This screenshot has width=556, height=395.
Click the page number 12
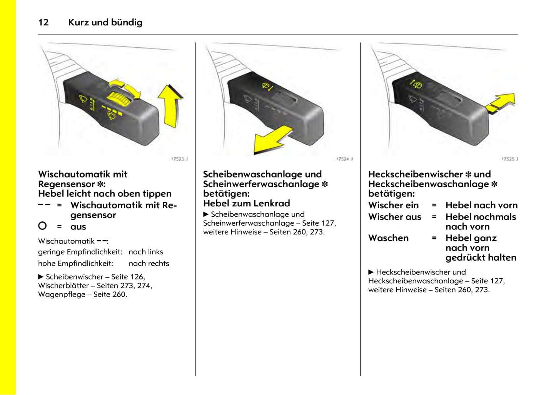tap(43, 22)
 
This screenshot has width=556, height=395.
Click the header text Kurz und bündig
tap(105, 22)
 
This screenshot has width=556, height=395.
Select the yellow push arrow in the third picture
tap(501, 103)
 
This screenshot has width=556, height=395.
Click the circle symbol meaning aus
tap(42, 226)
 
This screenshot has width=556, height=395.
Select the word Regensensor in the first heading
tap(66, 184)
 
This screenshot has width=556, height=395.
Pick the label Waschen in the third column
tap(388, 238)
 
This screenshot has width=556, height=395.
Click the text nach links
tap(146, 252)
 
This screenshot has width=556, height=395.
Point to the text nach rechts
tap(149, 263)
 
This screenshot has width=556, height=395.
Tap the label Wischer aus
tap(394, 217)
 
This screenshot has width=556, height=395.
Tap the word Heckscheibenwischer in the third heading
tap(416, 174)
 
